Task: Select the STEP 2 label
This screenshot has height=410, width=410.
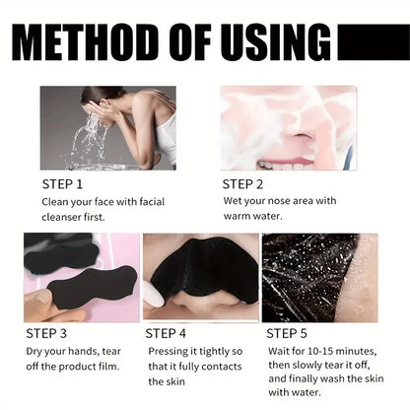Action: point(244,183)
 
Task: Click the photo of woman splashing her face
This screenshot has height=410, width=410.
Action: point(107,127)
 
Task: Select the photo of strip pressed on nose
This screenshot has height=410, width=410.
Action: point(200,277)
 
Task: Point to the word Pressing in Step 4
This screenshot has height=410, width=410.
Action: point(171,351)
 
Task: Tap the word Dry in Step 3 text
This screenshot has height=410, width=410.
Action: point(34,351)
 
